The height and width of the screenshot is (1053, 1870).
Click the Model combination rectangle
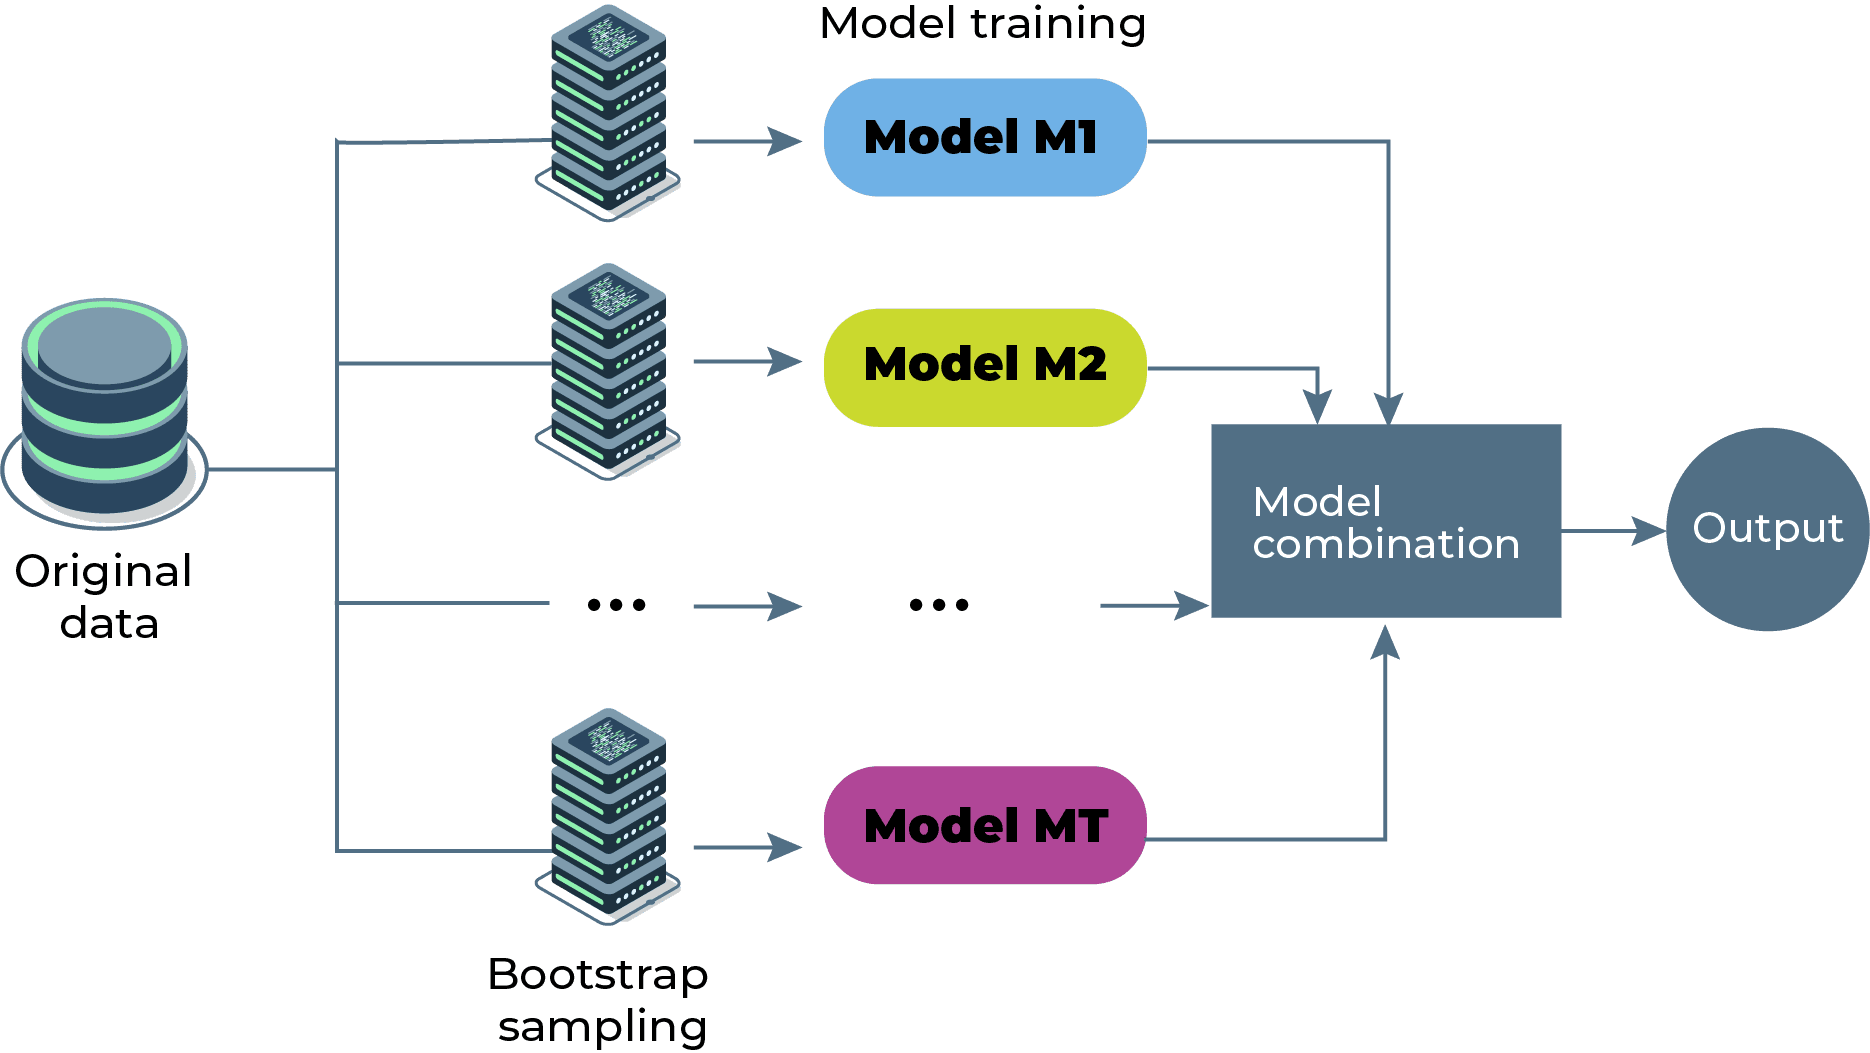tap(1386, 520)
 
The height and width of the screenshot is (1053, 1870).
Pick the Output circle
tap(1767, 529)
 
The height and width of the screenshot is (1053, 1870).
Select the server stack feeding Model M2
tap(608, 370)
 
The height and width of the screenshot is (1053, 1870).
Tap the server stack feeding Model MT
tap(608, 815)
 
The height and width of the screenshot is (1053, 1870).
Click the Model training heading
tap(982, 24)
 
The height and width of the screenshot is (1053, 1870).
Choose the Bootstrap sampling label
tap(599, 999)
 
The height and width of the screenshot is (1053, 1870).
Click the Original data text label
tap(104, 597)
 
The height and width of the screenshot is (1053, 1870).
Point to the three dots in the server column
tap(617, 604)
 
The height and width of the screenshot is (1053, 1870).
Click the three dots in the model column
tap(939, 604)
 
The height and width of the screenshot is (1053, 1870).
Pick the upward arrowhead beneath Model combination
tap(1385, 642)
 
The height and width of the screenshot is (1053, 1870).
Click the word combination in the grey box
tap(1386, 544)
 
